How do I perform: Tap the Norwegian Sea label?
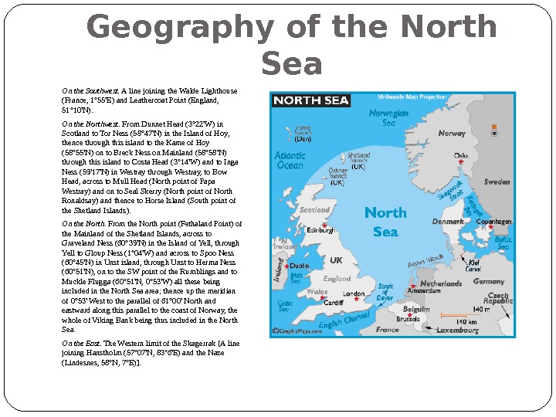(x=388, y=117)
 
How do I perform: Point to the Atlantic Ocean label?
(x=290, y=160)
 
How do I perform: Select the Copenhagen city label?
(x=494, y=222)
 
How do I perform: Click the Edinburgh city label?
(x=320, y=230)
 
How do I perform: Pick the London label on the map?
(x=353, y=294)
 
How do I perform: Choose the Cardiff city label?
(x=333, y=303)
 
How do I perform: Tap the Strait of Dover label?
(x=384, y=291)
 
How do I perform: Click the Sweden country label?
(x=497, y=182)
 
